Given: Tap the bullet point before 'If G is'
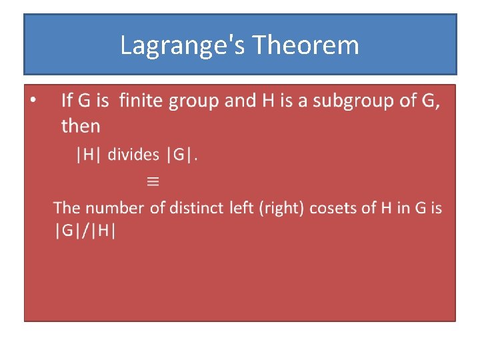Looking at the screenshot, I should pos(34,101).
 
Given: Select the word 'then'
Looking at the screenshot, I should pos(81,125).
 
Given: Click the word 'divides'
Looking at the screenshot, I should pos(133,155).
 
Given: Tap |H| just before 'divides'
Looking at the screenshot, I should pos(89,155).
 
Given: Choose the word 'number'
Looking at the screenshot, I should pos(115,208).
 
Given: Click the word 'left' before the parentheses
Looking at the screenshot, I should pos(241,208).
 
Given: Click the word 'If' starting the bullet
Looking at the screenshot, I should pos(67,101).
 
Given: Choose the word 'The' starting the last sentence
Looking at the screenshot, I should pos(67,208).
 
